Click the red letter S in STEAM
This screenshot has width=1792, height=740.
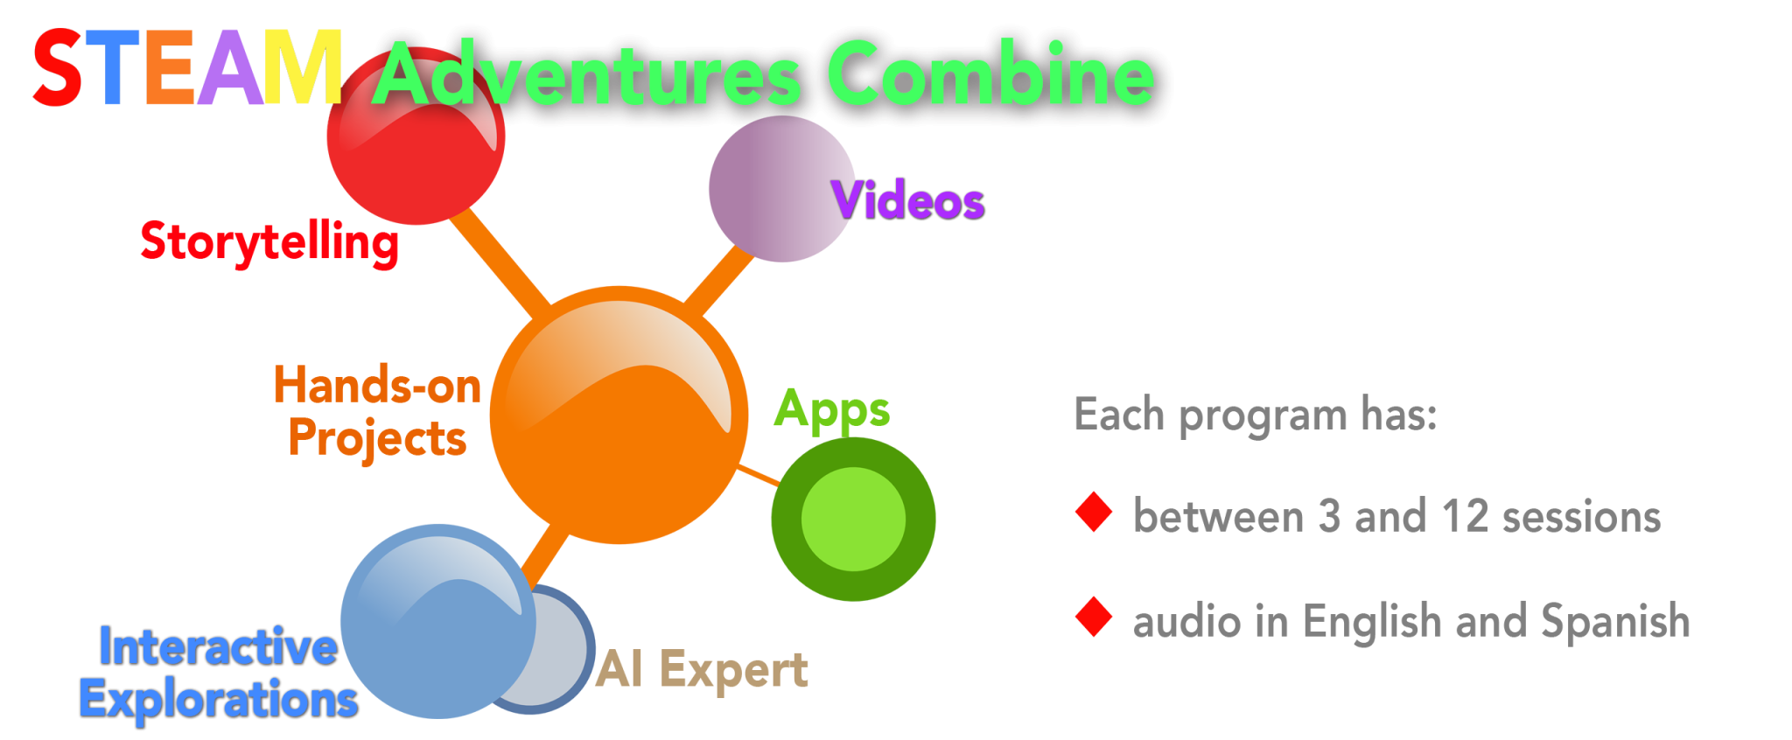[57, 68]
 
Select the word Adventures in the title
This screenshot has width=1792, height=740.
[586, 75]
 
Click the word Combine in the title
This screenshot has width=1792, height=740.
[990, 73]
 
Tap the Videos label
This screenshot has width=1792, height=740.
[908, 200]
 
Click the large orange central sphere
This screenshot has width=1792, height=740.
[619, 415]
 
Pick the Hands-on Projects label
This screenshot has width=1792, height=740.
[377, 411]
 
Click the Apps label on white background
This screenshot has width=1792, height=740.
[832, 409]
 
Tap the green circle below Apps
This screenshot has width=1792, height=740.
[853, 519]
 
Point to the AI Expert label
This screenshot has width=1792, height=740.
[702, 670]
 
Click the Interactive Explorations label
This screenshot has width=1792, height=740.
[217, 673]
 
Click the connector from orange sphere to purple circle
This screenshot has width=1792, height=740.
[719, 280]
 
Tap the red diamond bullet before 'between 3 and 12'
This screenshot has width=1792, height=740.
[1094, 513]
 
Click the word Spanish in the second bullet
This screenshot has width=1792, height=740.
[1614, 621]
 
